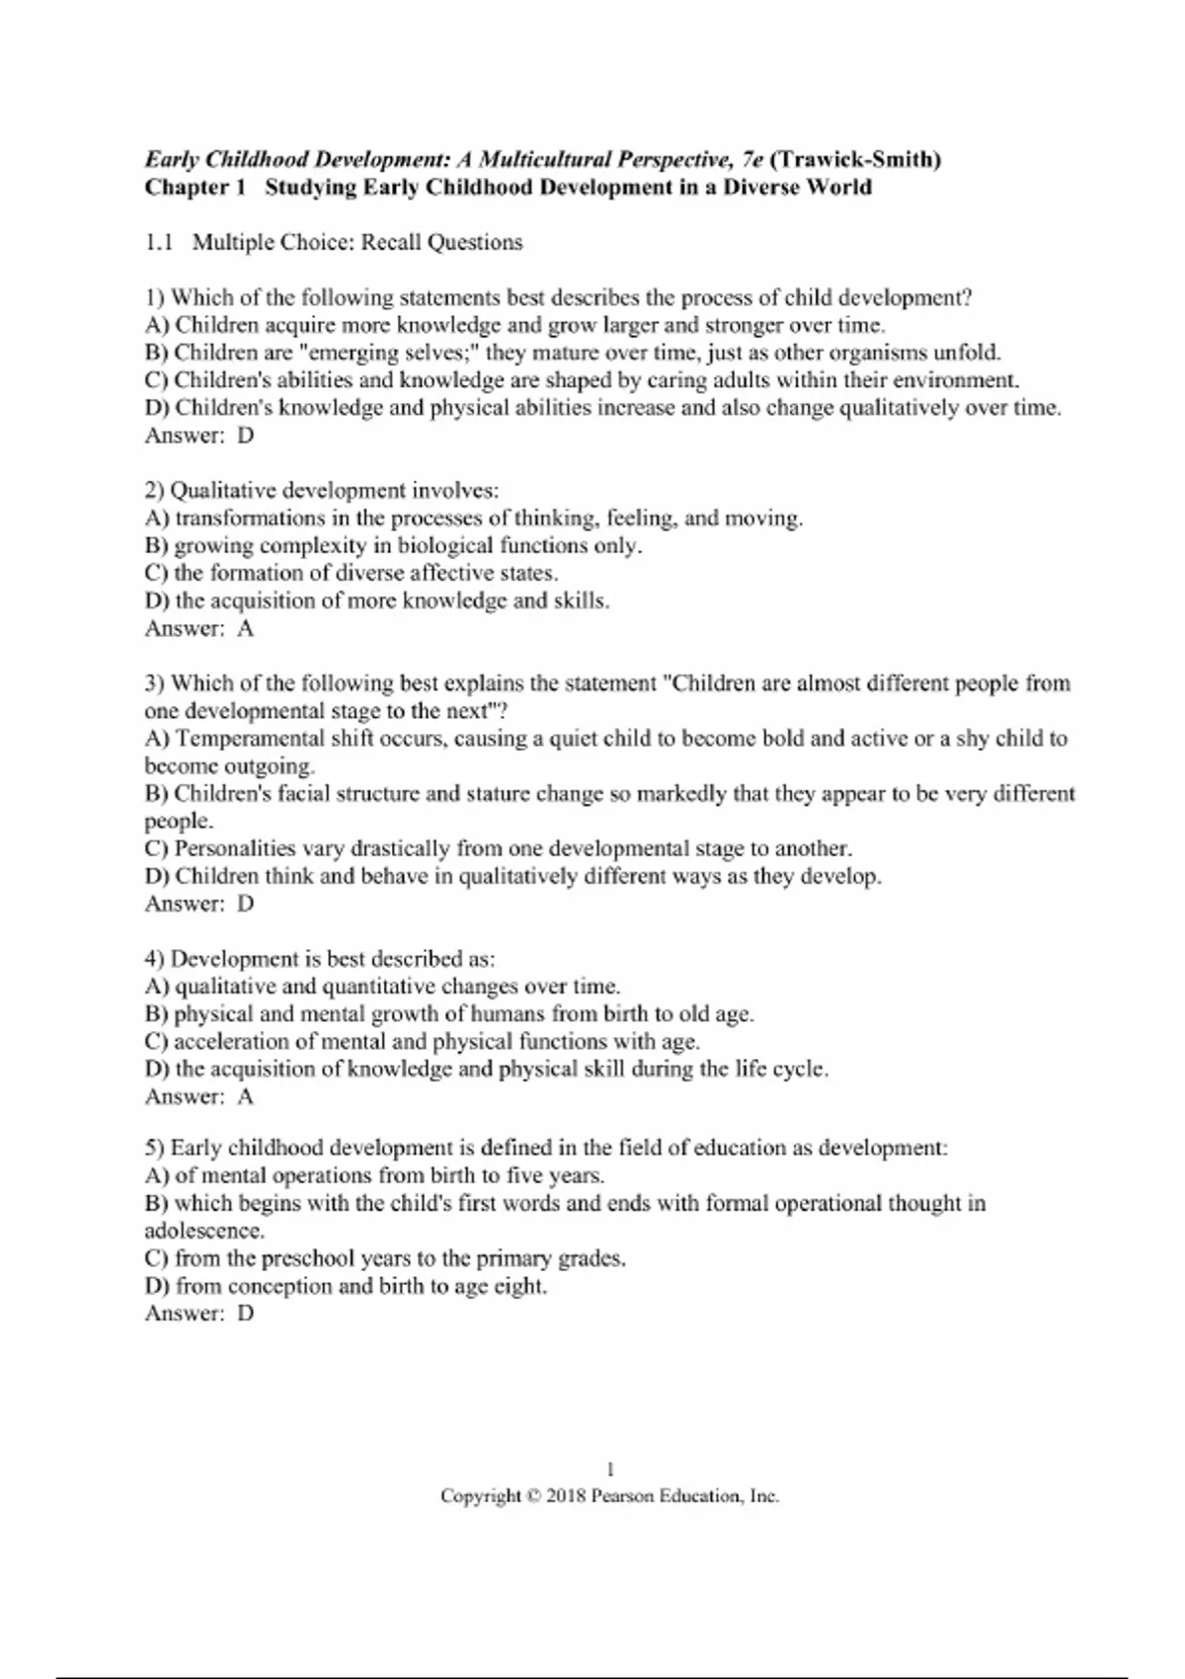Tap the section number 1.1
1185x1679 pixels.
tap(159, 243)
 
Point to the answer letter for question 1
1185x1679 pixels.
tap(245, 436)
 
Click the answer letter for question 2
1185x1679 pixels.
tap(245, 628)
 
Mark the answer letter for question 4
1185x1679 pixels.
tap(245, 1096)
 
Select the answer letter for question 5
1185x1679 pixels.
tap(245, 1314)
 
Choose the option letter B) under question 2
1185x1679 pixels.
tap(157, 545)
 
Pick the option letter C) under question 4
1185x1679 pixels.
tap(157, 1041)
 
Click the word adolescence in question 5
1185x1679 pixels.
tap(203, 1232)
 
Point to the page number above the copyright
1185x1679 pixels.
tap(610, 1469)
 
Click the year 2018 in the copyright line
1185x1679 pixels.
tap(566, 1496)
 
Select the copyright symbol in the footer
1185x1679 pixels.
tap(534, 1496)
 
